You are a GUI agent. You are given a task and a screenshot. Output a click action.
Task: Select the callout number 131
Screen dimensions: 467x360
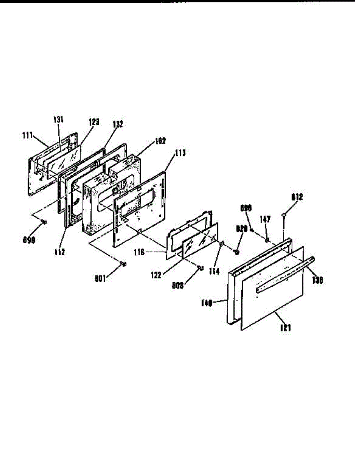pos(58,120)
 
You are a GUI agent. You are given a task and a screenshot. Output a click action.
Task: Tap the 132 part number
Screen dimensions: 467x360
pos(118,125)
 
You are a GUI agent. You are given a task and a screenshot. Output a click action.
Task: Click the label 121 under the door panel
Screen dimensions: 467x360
pos(285,328)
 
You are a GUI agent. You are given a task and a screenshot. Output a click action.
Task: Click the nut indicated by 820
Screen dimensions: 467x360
pos(236,253)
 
